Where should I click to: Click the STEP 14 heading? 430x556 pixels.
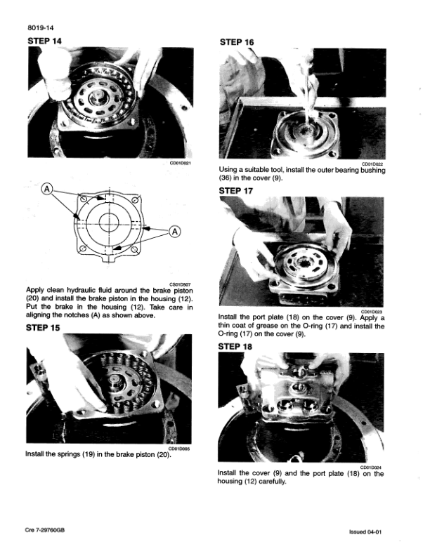pyautogui.click(x=43, y=41)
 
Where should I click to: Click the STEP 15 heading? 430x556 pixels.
pyautogui.click(x=43, y=327)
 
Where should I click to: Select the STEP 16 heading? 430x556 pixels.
pyautogui.click(x=237, y=42)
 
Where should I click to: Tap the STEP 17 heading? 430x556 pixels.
pyautogui.click(x=237, y=190)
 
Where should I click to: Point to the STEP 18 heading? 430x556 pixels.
pyautogui.click(x=237, y=346)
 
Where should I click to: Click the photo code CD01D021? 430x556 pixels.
pyautogui.click(x=181, y=164)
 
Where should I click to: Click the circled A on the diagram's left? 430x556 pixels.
pyautogui.click(x=47, y=189)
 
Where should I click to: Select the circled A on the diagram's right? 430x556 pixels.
pyautogui.click(x=174, y=232)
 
